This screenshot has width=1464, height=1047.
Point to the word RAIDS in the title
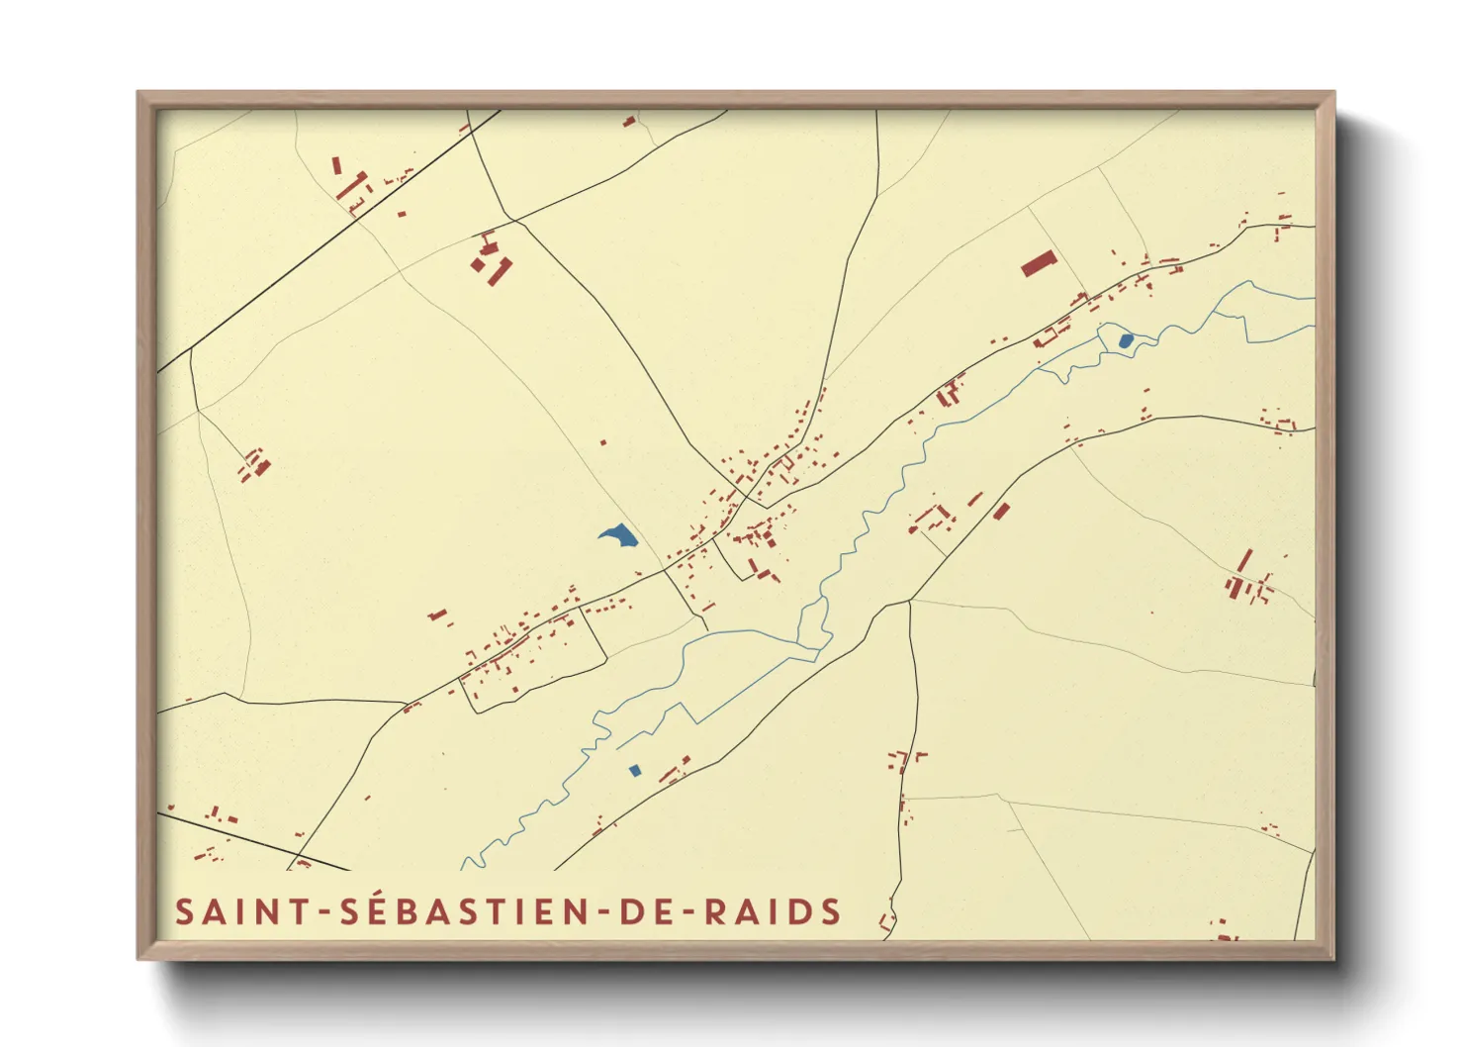(773, 911)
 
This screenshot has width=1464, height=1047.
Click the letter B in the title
(399, 911)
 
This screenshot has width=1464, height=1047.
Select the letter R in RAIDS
(716, 911)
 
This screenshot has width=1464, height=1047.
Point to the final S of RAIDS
(831, 911)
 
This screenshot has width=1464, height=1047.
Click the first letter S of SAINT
(184, 911)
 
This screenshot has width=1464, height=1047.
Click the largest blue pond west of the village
(618, 536)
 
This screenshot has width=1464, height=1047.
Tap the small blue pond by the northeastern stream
(1126, 340)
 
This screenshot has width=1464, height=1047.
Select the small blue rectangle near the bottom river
(635, 770)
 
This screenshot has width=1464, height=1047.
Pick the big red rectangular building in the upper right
(1039, 263)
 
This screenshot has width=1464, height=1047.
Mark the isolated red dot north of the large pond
(603, 442)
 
